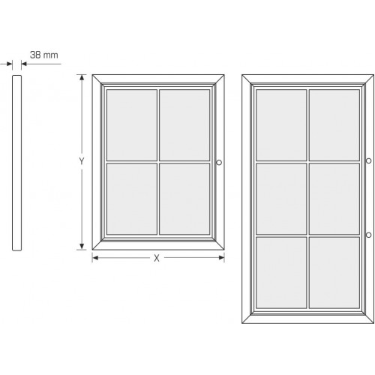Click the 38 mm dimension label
pyautogui.click(x=44, y=55)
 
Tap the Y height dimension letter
pyautogui.click(x=82, y=161)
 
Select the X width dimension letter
pyautogui.click(x=157, y=258)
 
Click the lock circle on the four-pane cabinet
pyautogui.click(x=219, y=163)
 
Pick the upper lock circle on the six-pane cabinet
pyautogui.click(x=368, y=160)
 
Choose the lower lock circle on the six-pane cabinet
pyautogui.click(x=368, y=235)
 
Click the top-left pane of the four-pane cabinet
pyautogui.click(x=132, y=125)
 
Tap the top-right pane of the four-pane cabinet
pyautogui.click(x=184, y=125)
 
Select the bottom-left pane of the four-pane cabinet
pyautogui.click(x=132, y=199)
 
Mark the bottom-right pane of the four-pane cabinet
pyautogui.click(x=184, y=199)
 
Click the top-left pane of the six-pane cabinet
pyautogui.click(x=281, y=125)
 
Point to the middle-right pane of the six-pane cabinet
pyautogui.click(x=334, y=199)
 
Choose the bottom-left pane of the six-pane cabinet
pyautogui.click(x=281, y=273)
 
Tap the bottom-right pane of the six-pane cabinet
pyautogui.click(x=334, y=273)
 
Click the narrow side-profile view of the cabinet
pyautogui.click(x=16, y=163)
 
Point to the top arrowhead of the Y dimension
pyautogui.click(x=82, y=77)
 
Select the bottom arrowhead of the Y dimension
pyautogui.click(x=82, y=247)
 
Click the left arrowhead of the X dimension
pyautogui.click(x=95, y=258)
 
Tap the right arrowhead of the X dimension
pyautogui.click(x=221, y=258)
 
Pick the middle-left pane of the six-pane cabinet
pyautogui.click(x=281, y=199)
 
